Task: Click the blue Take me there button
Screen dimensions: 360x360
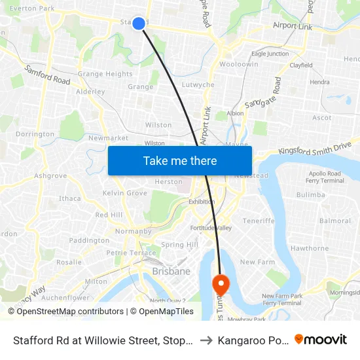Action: (180, 160)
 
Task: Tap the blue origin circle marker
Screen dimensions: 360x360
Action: (139, 24)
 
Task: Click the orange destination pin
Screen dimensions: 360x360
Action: (221, 283)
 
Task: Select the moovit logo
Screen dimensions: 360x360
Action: (321, 340)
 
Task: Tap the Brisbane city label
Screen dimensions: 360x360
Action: (171, 271)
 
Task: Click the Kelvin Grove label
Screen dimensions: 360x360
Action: (125, 193)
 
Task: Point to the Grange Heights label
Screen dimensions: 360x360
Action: (105, 74)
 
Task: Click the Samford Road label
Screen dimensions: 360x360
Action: (47, 75)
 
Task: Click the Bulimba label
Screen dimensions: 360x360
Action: (310, 195)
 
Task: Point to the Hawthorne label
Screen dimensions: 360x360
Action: (309, 248)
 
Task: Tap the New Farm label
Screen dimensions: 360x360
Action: (257, 262)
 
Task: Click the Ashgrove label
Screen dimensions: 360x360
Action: (50, 176)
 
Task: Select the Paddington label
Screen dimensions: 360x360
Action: (89, 241)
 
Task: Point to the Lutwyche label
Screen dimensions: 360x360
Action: (198, 85)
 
